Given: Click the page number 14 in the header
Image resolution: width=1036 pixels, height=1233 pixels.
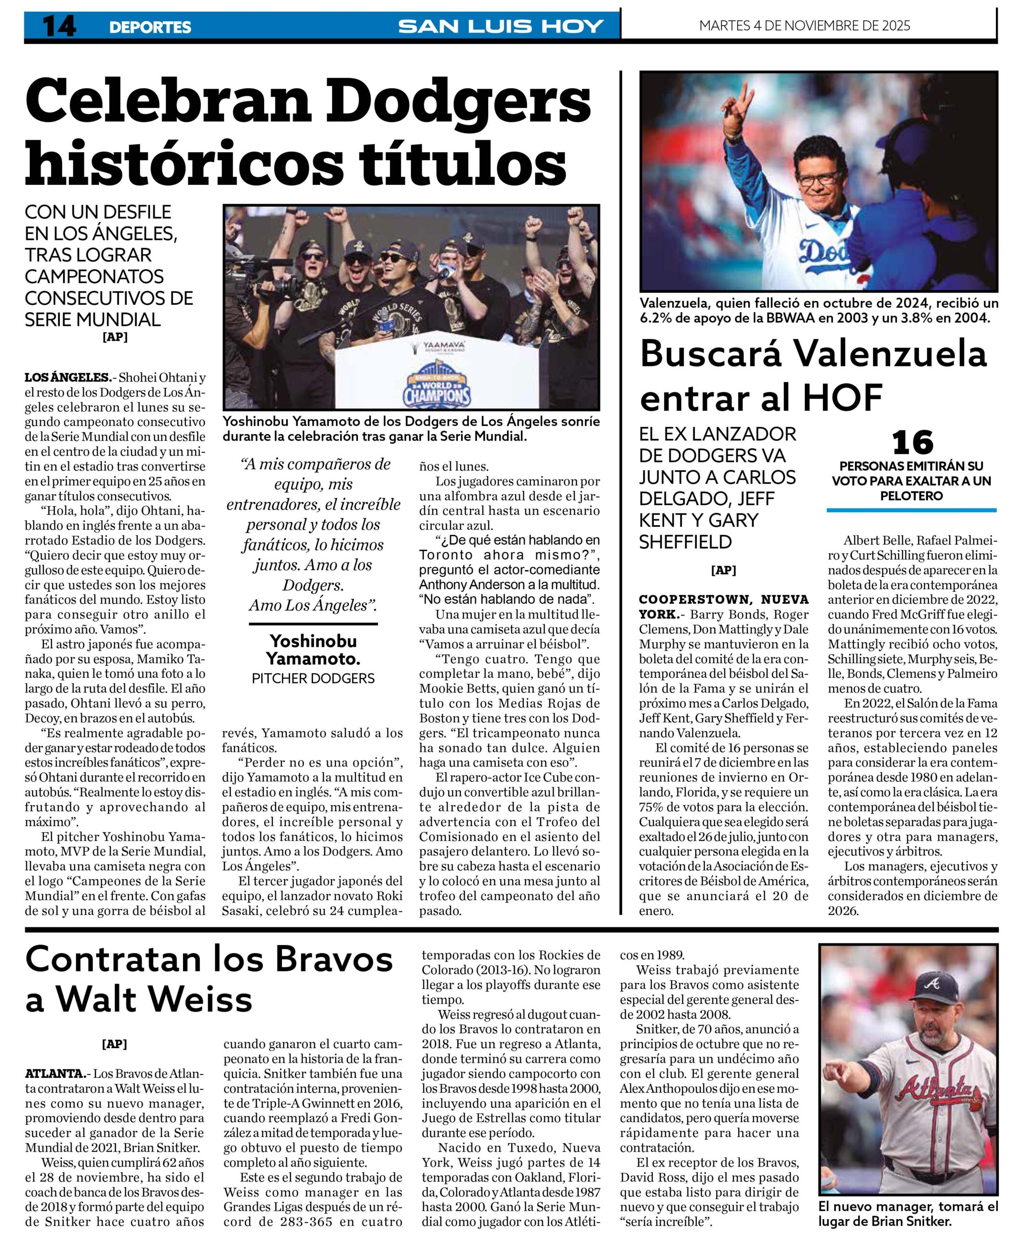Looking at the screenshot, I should [x=59, y=26].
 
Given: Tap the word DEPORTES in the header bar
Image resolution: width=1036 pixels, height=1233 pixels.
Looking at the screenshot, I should [x=150, y=27].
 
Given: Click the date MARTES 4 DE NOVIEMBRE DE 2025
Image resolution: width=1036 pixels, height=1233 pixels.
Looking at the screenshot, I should [x=804, y=25].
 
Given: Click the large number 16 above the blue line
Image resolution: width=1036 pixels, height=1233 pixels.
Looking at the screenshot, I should [x=912, y=443].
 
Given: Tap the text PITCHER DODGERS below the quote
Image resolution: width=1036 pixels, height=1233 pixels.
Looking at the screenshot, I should [x=313, y=678].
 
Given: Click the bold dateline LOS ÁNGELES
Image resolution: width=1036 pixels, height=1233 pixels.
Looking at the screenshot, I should [x=67, y=378].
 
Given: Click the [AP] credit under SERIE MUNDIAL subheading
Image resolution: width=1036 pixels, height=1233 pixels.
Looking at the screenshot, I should [x=115, y=337].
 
